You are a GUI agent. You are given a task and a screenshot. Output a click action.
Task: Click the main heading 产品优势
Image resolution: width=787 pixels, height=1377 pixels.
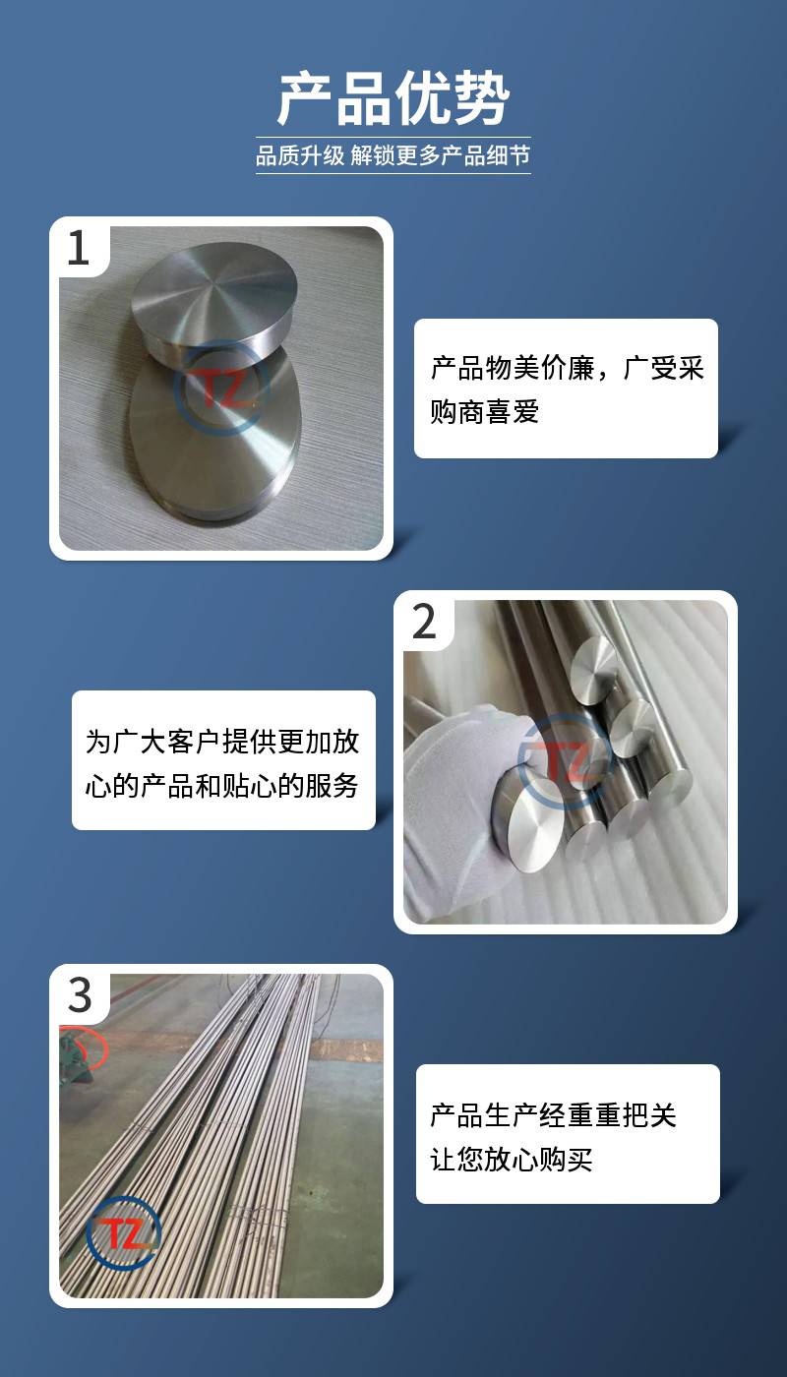click(x=393, y=98)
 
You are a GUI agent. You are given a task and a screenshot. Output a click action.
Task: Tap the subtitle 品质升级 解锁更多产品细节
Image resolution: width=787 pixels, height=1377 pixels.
click(x=393, y=155)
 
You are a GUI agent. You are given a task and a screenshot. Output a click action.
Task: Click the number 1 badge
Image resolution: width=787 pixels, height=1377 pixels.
click(x=79, y=248)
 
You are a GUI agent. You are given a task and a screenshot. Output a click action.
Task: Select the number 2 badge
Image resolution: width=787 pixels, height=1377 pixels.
click(x=424, y=622)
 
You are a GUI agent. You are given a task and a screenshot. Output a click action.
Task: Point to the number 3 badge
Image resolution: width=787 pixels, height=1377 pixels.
click(x=80, y=995)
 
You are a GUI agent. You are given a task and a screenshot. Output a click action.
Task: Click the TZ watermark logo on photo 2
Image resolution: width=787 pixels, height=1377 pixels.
click(x=567, y=760)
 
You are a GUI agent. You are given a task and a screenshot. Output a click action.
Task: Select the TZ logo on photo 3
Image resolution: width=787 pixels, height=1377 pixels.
click(x=123, y=1232)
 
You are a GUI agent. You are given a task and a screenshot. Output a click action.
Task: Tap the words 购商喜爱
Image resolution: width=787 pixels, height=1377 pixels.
click(x=484, y=411)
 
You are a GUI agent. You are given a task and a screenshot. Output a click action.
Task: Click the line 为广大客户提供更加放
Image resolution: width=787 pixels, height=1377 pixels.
click(x=222, y=742)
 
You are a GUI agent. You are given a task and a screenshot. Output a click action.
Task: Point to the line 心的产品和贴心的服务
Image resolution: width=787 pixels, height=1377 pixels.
click(x=222, y=785)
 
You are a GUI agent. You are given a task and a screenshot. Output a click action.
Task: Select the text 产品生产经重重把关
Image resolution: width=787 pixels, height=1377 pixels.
click(x=553, y=1115)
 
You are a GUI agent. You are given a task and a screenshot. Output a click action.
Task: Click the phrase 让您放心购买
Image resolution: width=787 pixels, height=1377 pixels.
click(x=512, y=1159)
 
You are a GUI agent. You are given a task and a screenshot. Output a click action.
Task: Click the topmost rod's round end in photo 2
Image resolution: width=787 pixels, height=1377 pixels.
click(x=594, y=667)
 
